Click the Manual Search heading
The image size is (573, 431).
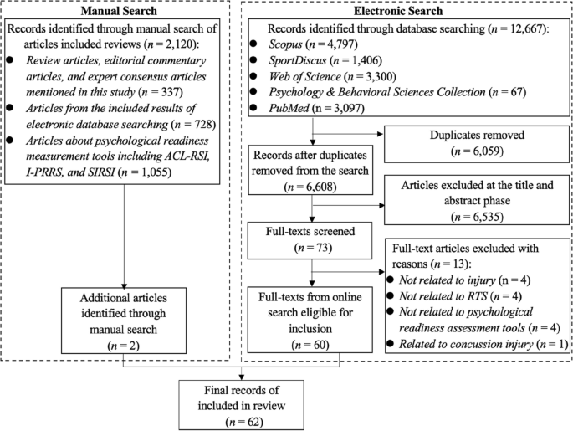(x=123, y=12)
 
